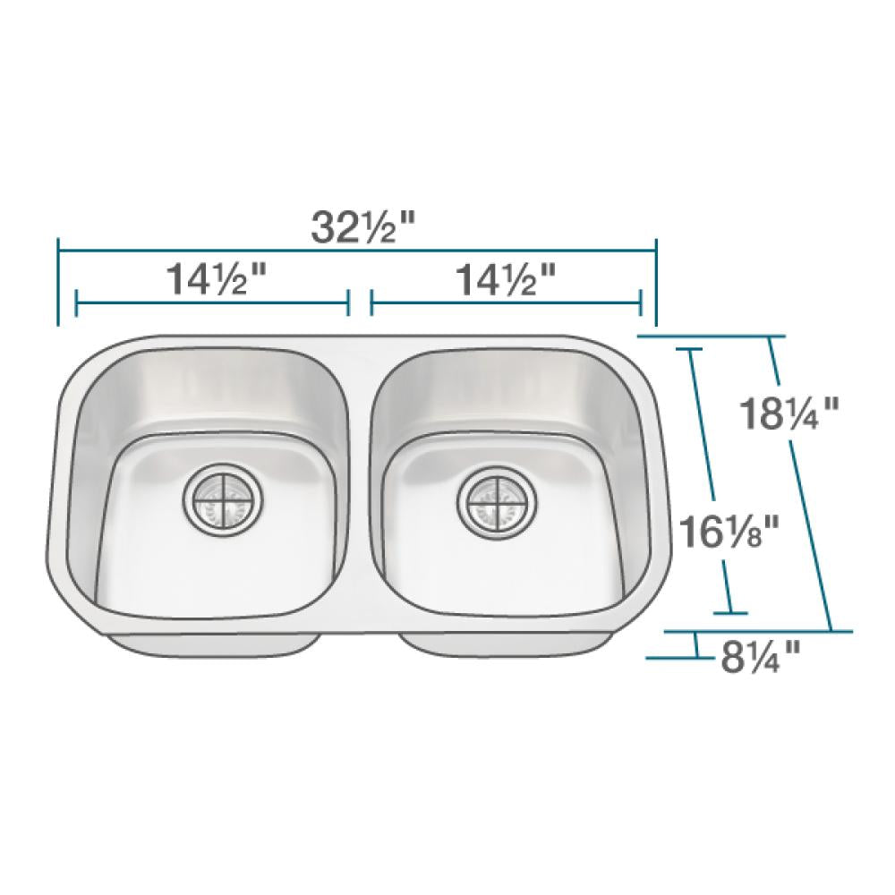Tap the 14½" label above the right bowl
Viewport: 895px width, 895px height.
(507, 281)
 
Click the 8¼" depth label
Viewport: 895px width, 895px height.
(760, 659)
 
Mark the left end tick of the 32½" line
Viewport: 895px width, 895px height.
(58, 283)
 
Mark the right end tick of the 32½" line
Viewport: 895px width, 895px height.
(656, 283)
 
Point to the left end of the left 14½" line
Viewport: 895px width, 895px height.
(77, 303)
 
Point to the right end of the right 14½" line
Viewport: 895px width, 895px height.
(641, 303)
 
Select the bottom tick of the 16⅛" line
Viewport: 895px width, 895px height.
(731, 614)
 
